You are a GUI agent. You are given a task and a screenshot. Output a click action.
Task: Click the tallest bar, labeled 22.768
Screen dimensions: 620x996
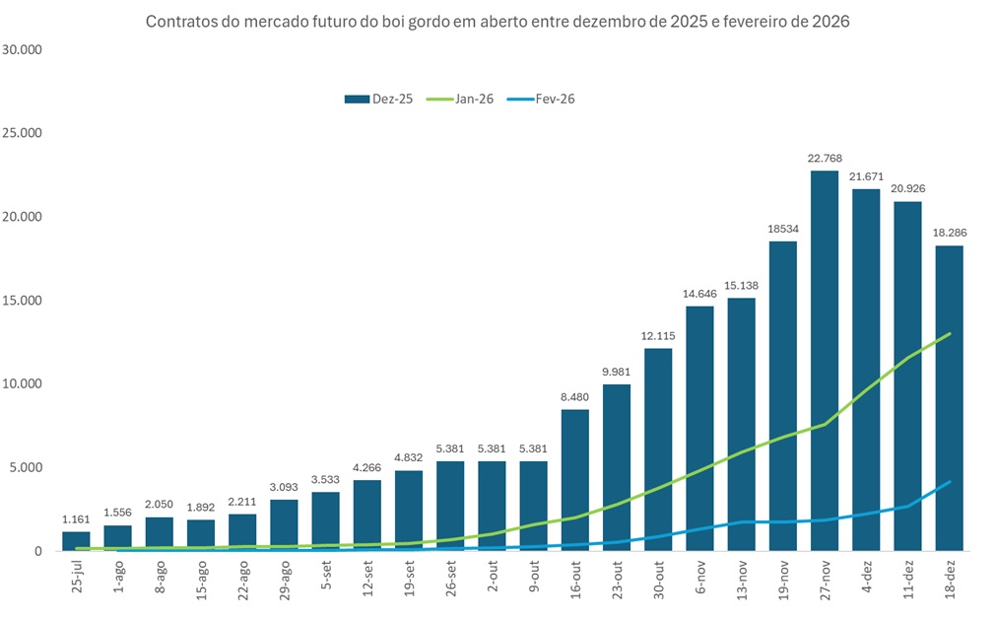pyautogui.click(x=825, y=361)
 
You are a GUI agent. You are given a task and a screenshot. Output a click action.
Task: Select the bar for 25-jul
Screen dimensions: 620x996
pyautogui.click(x=76, y=541)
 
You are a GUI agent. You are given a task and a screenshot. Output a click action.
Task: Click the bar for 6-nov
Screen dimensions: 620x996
pyautogui.click(x=699, y=429)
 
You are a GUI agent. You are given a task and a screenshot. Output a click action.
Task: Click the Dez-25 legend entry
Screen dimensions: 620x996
pyautogui.click(x=378, y=99)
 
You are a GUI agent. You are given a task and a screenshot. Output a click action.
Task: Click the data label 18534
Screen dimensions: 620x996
pyautogui.click(x=783, y=230)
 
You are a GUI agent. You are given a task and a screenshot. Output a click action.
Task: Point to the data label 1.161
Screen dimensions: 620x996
pyautogui.click(x=76, y=519)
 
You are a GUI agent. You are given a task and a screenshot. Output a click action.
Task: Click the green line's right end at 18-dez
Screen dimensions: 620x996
pyautogui.click(x=949, y=334)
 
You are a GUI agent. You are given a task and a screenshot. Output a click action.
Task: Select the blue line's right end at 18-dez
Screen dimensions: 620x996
pyautogui.click(x=949, y=482)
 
